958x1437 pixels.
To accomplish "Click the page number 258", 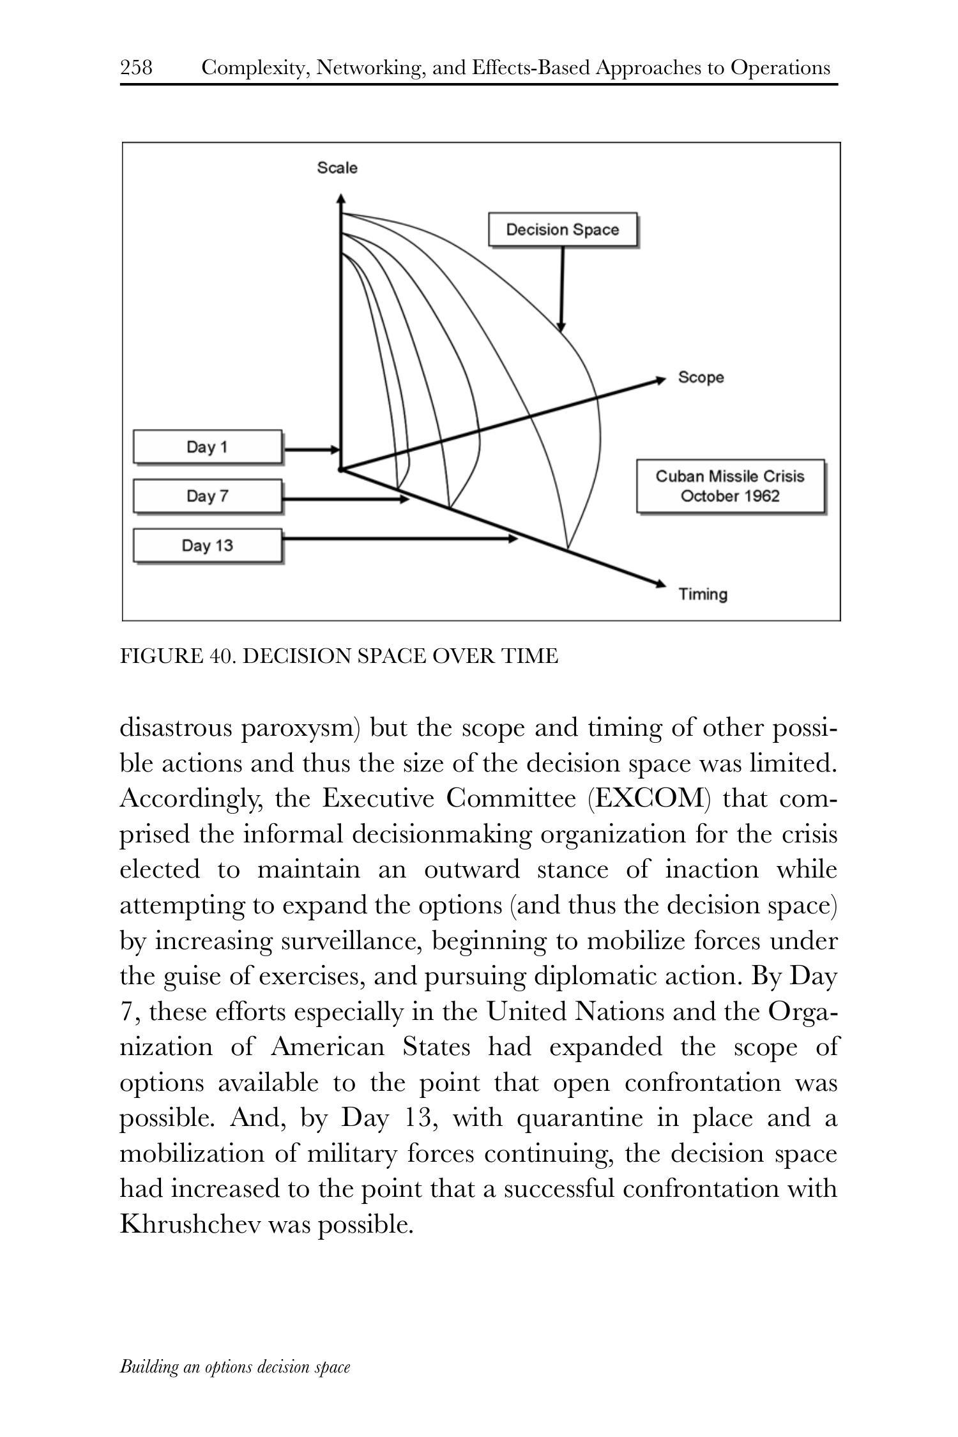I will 136,67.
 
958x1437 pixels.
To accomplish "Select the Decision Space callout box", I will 563,230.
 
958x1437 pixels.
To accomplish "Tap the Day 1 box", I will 207,447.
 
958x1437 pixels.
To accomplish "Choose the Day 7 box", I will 207,496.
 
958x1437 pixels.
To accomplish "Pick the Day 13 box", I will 207,545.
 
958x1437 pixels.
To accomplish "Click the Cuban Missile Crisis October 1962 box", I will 730,486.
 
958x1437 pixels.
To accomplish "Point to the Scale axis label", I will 337,168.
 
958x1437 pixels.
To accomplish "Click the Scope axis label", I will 701,377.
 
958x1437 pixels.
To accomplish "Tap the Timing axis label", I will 703,595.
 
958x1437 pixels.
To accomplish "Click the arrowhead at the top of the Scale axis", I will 341,199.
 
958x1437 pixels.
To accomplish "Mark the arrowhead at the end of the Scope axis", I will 661,381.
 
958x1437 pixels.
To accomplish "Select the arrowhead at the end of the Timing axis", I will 660,582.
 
